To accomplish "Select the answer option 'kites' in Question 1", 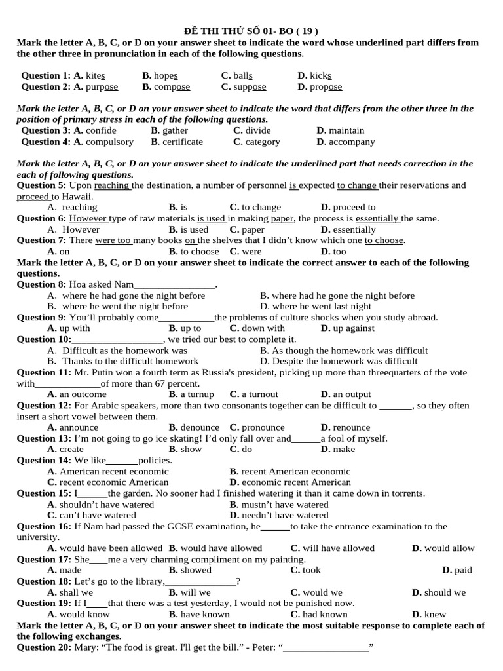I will (x=94, y=76).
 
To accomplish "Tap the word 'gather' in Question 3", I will (x=175, y=131).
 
